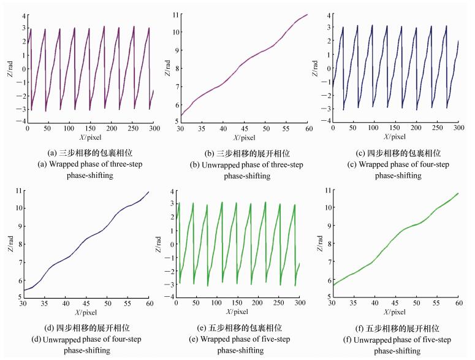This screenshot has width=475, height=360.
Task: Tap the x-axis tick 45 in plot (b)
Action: coord(244,128)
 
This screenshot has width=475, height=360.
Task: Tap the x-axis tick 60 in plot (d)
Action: coord(150,304)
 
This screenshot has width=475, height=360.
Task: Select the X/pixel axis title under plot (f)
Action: coord(395,313)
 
